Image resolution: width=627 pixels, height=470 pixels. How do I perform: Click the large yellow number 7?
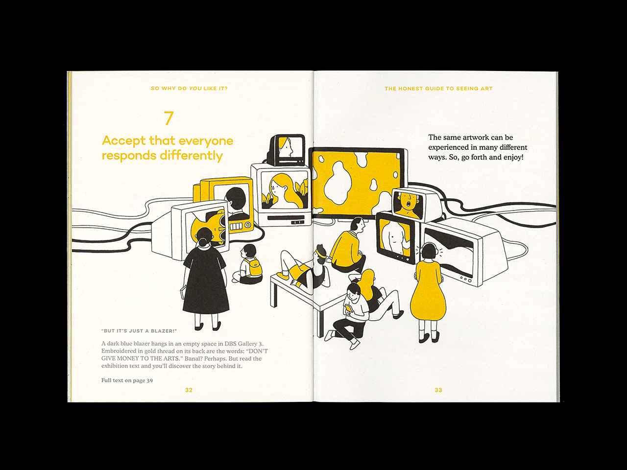169,118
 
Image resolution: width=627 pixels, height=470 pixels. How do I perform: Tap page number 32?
189,390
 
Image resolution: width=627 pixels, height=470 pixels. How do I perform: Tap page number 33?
438,390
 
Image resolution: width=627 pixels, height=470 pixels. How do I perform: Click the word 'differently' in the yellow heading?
191,156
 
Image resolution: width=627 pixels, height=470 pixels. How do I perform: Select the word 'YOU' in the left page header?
195,89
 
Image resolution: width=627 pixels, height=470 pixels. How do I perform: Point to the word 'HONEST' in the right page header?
410,89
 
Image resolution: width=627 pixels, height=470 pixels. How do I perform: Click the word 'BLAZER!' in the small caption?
164,331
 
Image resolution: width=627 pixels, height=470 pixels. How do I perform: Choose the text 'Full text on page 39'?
127,380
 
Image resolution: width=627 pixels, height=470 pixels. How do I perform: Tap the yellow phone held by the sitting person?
348,308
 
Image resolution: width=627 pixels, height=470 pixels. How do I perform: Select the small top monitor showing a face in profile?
287,150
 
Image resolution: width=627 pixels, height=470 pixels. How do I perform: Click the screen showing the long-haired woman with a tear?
285,190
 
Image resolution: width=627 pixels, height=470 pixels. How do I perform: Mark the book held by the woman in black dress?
182,292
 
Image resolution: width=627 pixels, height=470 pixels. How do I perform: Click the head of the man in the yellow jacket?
357,225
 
